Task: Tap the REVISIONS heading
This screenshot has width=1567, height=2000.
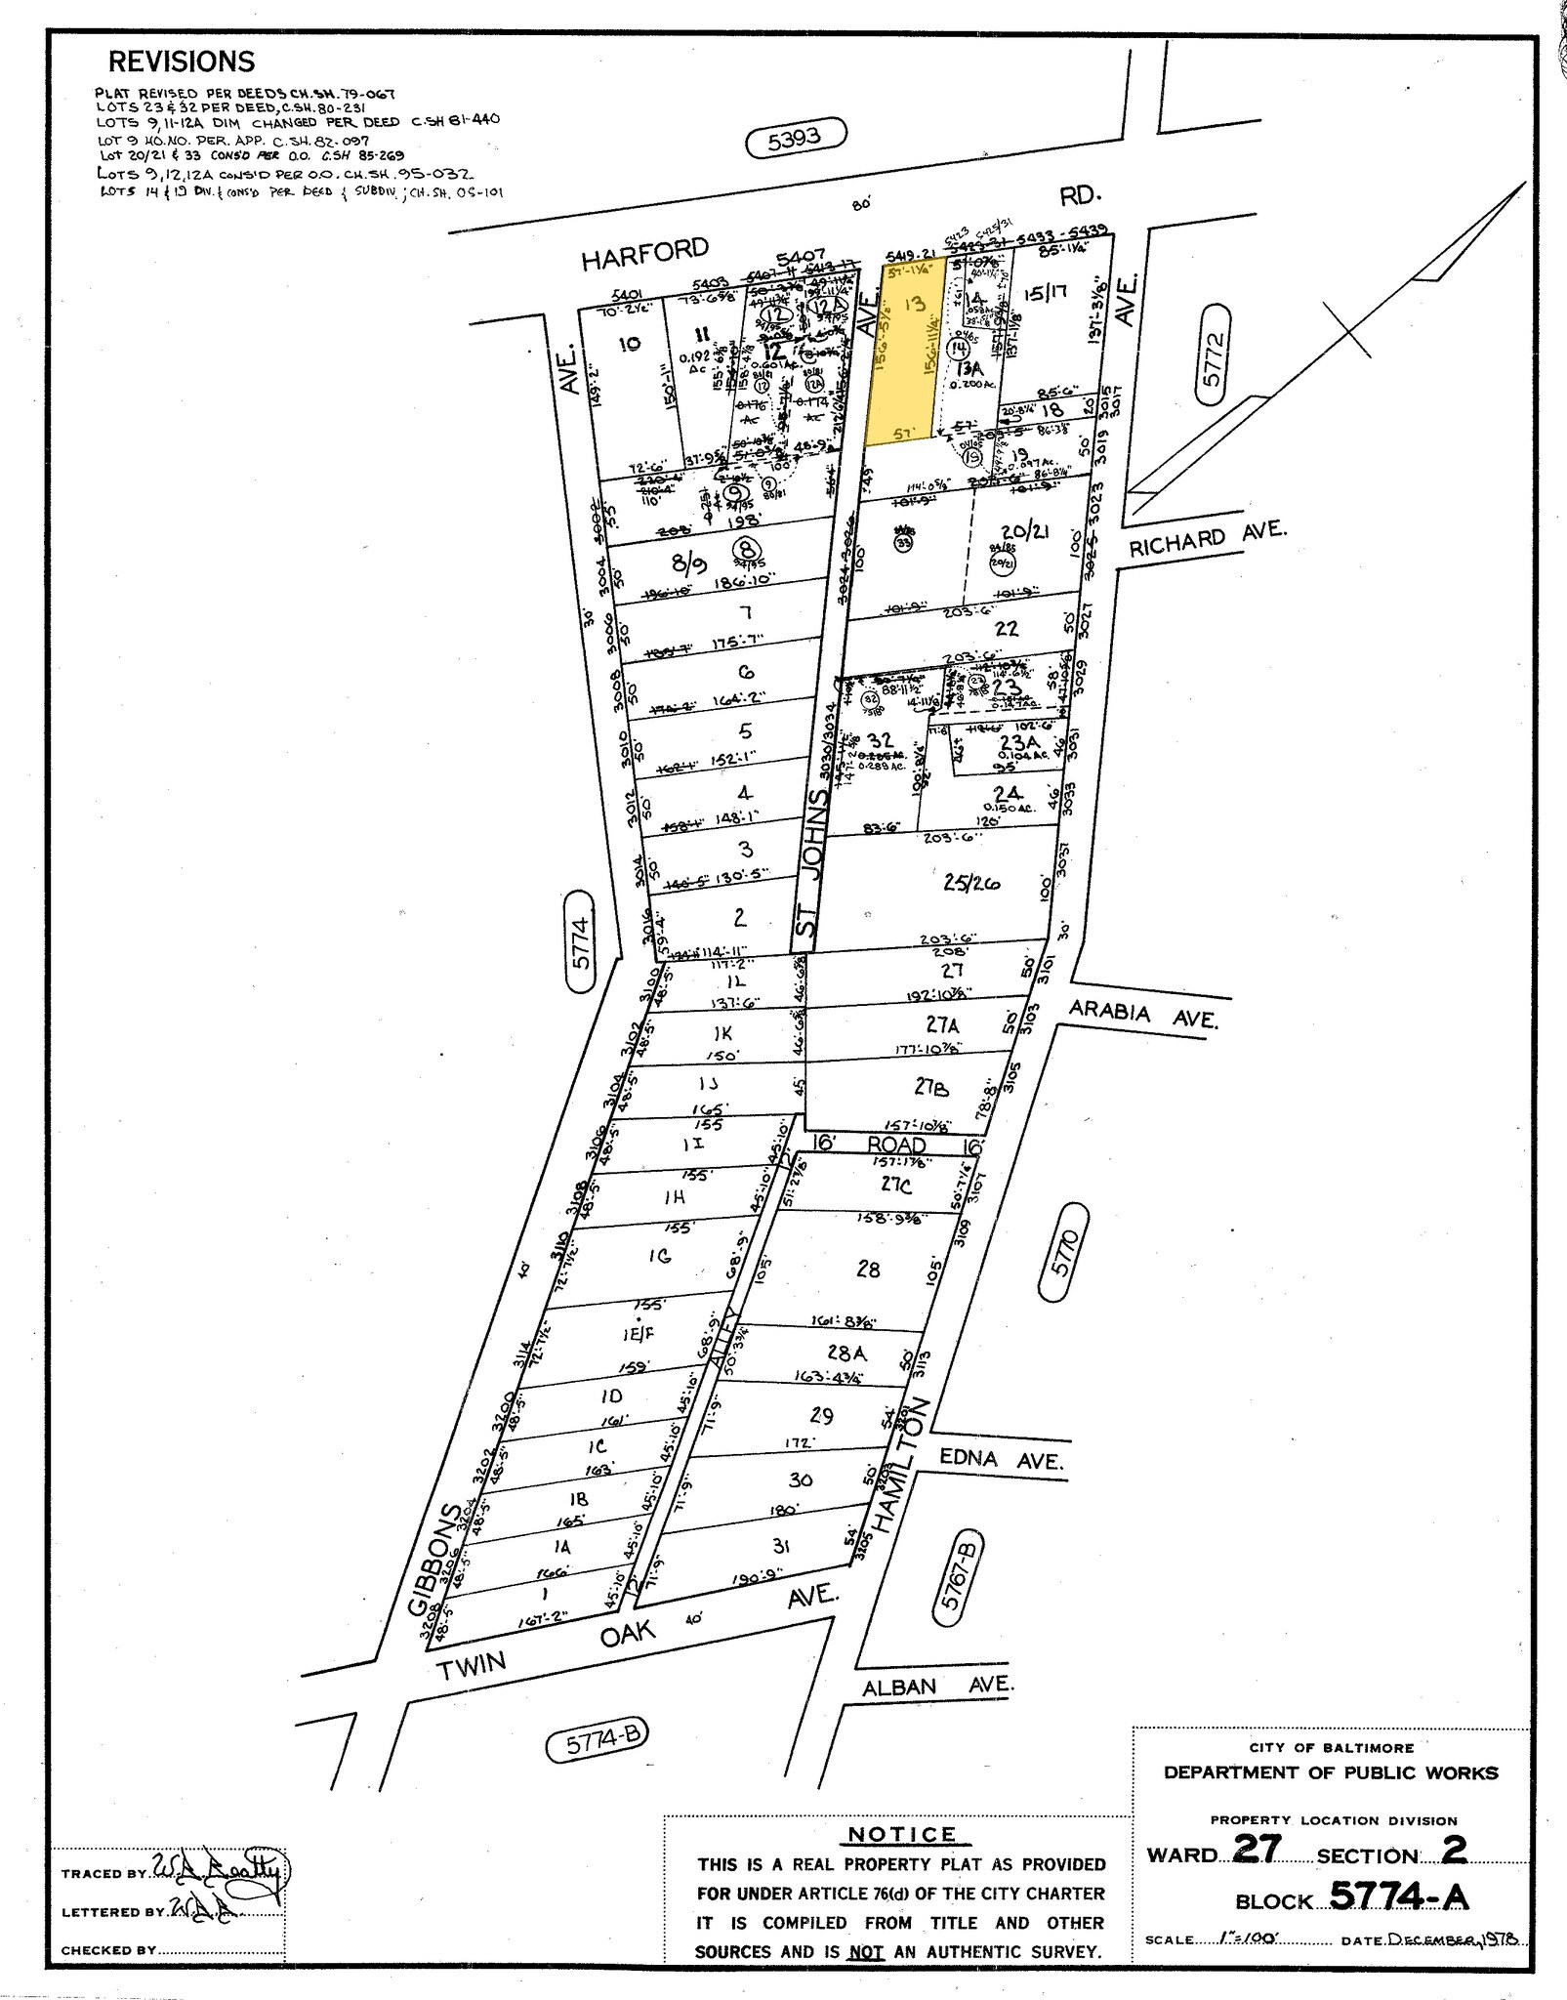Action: [182, 62]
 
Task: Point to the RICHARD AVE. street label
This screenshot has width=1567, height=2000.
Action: [1208, 538]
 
